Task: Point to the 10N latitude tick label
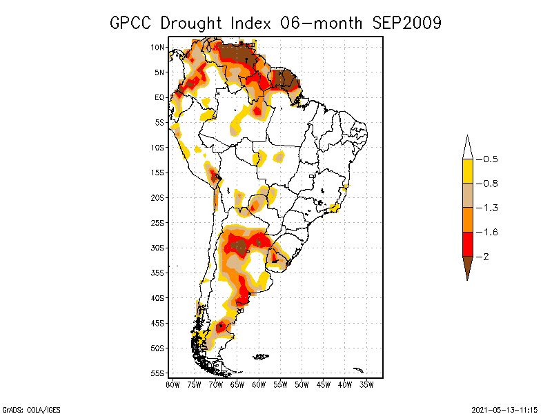[157, 47]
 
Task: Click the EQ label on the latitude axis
[159, 97]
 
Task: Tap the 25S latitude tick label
[157, 222]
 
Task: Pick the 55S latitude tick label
[157, 373]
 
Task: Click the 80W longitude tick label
[172, 384]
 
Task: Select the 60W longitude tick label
[259, 384]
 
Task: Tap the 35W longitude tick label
[366, 384]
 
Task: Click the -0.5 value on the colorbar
[490, 159]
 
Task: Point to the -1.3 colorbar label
[490, 208]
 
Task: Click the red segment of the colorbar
[467, 244]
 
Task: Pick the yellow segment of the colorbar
[467, 171]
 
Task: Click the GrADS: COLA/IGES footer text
[25, 408]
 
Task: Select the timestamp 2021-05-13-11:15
[506, 408]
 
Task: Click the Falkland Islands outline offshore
[260, 357]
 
